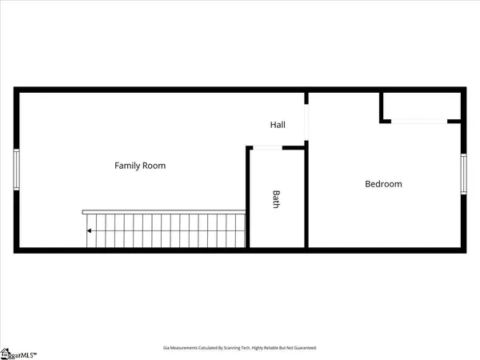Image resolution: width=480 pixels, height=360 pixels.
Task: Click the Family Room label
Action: pyautogui.click(x=140, y=166)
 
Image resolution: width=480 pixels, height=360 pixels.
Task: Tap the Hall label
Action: pyautogui.click(x=278, y=125)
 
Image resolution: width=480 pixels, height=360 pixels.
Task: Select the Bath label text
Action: pyautogui.click(x=276, y=198)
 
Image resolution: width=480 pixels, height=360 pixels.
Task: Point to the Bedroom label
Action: pyautogui.click(x=383, y=184)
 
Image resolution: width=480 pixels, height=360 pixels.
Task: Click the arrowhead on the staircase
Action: pyautogui.click(x=90, y=231)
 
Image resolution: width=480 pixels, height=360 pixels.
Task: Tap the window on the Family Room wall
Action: pyautogui.click(x=16, y=170)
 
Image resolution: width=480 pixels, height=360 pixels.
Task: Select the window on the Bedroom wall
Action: pyautogui.click(x=463, y=174)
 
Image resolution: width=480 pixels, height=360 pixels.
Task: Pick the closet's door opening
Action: pyautogui.click(x=418, y=121)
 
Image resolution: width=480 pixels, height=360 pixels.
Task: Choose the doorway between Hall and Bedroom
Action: pyautogui.click(x=306, y=120)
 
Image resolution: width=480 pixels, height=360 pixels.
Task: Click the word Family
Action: pyautogui.click(x=127, y=166)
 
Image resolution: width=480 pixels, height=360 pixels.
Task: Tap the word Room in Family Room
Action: pyautogui.click(x=154, y=166)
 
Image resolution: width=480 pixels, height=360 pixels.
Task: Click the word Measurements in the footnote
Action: pyautogui.click(x=186, y=348)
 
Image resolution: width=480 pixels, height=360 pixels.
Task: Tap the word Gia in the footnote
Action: pyautogui.click(x=166, y=348)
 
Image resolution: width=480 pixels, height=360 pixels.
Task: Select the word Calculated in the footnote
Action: pyautogui.click(x=212, y=348)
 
